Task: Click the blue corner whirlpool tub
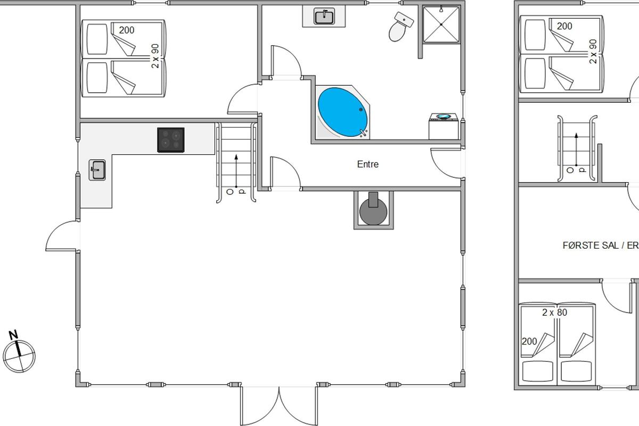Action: tap(342, 112)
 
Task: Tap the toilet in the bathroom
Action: tap(400, 26)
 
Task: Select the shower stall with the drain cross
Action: tap(441, 24)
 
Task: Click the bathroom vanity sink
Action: tap(324, 17)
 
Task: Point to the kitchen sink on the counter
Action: tap(97, 170)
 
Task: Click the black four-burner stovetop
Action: tap(170, 140)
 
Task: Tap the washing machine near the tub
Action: tap(444, 126)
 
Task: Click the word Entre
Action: tap(368, 164)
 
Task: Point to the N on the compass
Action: tap(13, 335)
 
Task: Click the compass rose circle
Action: tap(19, 356)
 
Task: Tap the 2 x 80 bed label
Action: tap(554, 313)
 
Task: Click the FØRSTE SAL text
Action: tap(591, 245)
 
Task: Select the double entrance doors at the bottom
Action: tap(279, 405)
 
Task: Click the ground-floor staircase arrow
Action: tap(236, 171)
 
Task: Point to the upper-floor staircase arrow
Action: tap(576, 149)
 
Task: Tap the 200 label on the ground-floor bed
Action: tap(127, 30)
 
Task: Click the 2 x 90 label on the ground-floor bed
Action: tap(155, 56)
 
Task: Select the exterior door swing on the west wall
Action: tap(63, 236)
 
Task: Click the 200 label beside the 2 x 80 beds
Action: tap(529, 341)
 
